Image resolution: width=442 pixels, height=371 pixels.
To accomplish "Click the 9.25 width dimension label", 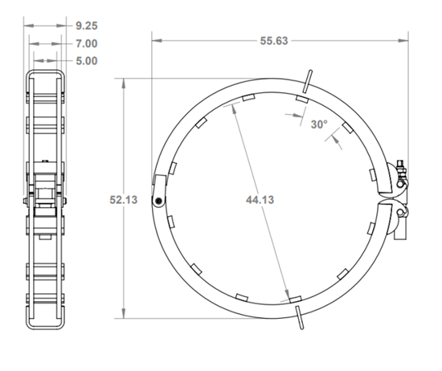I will pos(87,26).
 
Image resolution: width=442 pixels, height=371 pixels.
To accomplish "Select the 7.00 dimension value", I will pos(87,43).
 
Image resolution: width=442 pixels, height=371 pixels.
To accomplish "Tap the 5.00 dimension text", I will pos(87,61).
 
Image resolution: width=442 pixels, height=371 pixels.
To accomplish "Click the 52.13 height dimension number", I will pos(122,200).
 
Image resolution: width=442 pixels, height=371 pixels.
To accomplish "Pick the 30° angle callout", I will pos(319,124).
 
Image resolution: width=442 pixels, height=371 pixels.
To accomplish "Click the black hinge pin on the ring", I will pos(160,201).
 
